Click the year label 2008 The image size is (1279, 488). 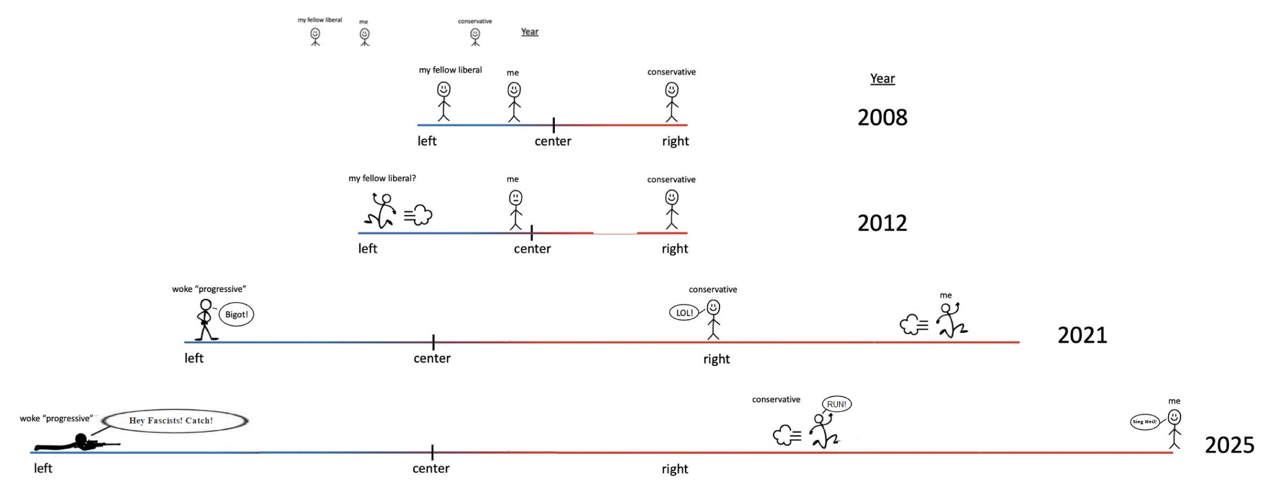882,118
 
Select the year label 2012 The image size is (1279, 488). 882,223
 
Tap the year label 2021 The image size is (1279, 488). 1082,335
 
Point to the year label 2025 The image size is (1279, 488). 1230,445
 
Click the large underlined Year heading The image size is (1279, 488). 882,78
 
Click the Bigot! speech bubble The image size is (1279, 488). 236,315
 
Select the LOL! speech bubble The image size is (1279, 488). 684,313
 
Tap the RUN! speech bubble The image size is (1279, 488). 837,404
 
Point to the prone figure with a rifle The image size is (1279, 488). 77,442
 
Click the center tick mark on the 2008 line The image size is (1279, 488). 554,125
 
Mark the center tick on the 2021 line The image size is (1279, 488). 433,342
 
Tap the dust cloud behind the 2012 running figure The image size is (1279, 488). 420,215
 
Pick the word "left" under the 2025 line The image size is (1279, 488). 43,468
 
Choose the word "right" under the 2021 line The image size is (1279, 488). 716,359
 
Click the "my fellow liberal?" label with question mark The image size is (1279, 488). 382,179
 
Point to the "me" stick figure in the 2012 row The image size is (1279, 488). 515,209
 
